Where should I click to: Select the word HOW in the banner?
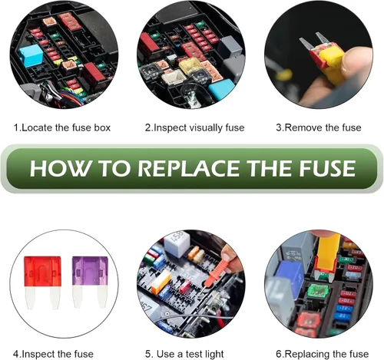coord(60,168)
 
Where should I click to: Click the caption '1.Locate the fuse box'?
coord(62,127)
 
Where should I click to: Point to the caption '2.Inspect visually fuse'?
coord(194,127)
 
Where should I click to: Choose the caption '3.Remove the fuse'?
coord(319,127)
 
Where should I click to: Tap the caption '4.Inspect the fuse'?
coord(53,354)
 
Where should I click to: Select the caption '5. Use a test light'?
coord(184,354)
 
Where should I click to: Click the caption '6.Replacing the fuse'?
coord(323,354)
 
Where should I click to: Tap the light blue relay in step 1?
coord(31,56)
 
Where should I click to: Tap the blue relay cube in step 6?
coord(290,279)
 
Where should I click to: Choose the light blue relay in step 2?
coord(221,89)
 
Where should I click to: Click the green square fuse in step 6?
coord(318,291)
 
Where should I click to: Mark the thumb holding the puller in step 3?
coord(357,61)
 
